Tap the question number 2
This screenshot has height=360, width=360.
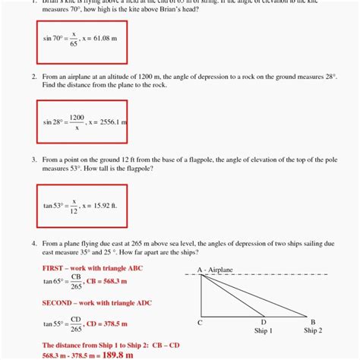tap(35, 77)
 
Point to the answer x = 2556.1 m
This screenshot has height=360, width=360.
tap(109, 122)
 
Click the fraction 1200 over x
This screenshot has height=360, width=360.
tap(76, 122)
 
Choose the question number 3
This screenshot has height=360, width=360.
tap(35, 160)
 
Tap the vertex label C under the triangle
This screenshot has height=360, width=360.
tap(200, 323)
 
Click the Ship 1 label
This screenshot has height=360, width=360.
tap(263, 331)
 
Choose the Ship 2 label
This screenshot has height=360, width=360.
tap(313, 331)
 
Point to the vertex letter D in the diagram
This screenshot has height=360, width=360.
tap(263, 323)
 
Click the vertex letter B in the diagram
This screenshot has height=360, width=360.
tap(313, 323)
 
